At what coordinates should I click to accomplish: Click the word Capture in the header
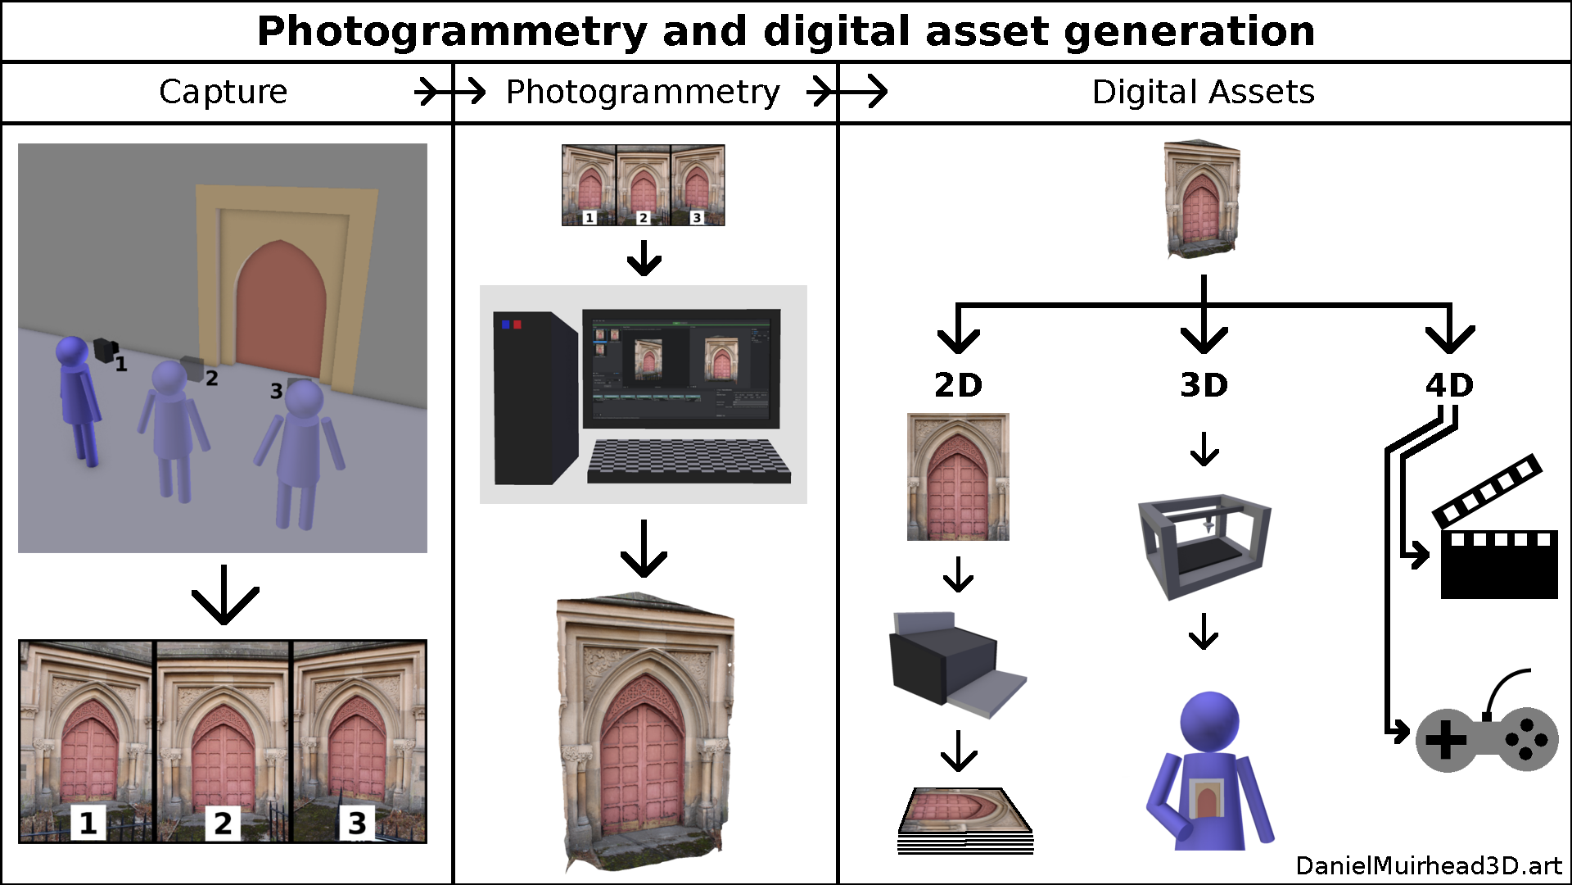[x=223, y=92]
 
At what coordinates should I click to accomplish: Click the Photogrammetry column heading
[x=643, y=92]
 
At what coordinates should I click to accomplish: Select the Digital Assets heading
[x=1203, y=92]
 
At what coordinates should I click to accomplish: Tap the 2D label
[x=958, y=385]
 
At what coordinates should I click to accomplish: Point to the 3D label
[x=1204, y=385]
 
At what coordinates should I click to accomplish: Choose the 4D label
[x=1449, y=385]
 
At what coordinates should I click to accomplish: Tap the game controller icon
[x=1486, y=737]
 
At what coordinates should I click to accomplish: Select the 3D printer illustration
[x=1204, y=545]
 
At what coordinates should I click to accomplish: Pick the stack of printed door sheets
[x=964, y=822]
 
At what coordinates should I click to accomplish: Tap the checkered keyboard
[x=688, y=461]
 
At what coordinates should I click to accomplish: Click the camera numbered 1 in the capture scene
[x=105, y=350]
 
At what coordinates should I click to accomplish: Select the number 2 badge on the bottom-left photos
[x=223, y=823]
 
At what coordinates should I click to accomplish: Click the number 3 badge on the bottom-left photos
[x=357, y=823]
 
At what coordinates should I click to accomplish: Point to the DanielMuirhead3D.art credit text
[x=1428, y=866]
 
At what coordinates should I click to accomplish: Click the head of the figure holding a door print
[x=1208, y=721]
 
